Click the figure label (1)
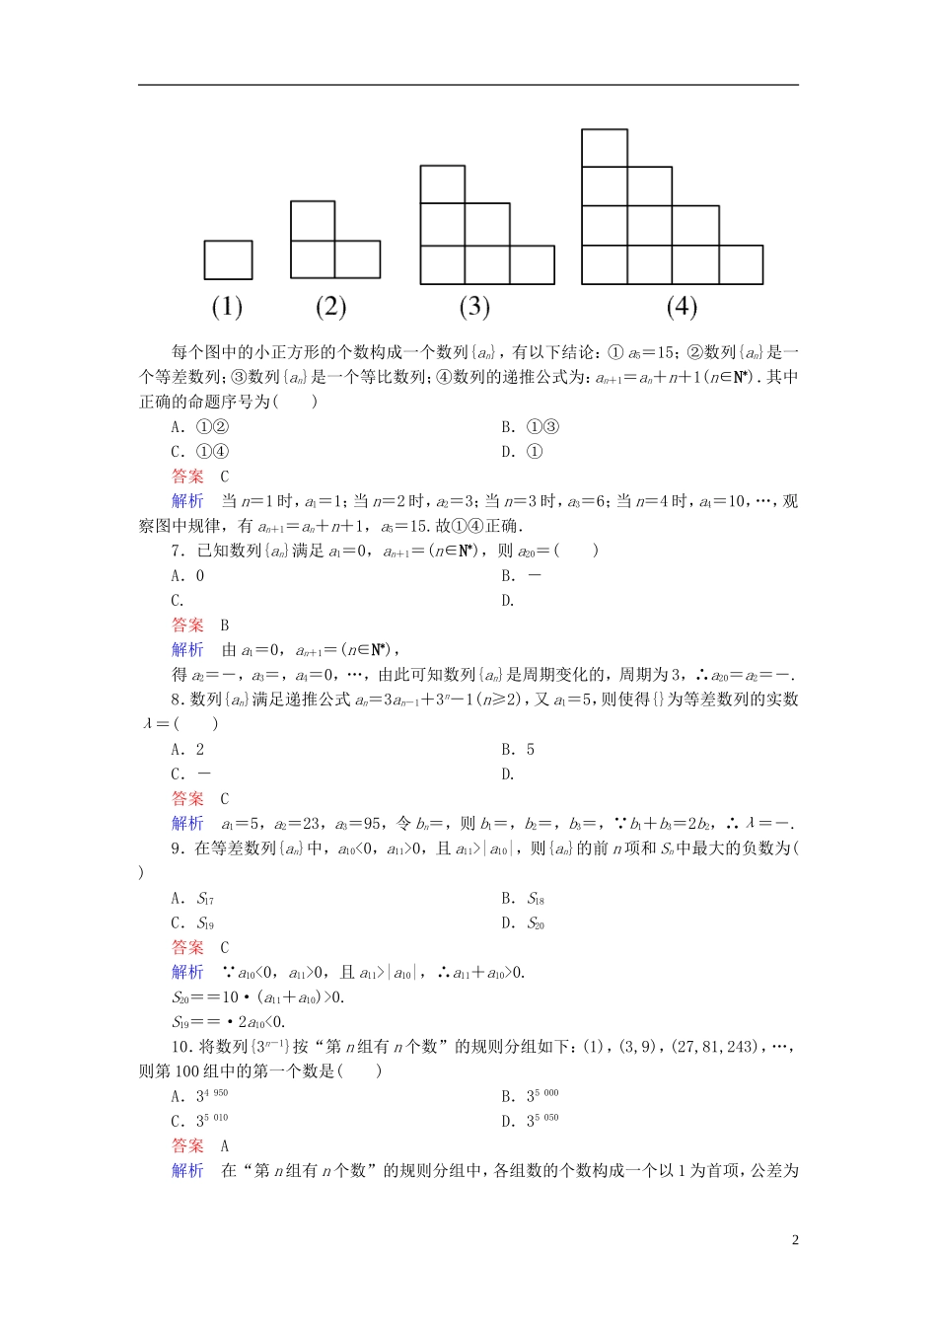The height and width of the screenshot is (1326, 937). pyautogui.click(x=227, y=307)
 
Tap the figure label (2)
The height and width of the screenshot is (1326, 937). pyautogui.click(x=330, y=307)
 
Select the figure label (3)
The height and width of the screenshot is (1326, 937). pyautogui.click(x=474, y=307)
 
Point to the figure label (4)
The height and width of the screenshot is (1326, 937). pyautogui.click(x=682, y=307)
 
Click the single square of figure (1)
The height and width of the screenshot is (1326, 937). pyautogui.click(x=228, y=260)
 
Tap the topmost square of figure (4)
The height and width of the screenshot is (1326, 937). pyautogui.click(x=605, y=148)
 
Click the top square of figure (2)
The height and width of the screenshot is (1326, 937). pyautogui.click(x=313, y=221)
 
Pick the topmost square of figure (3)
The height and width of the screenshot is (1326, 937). pyautogui.click(x=443, y=184)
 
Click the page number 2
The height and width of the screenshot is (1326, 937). pyautogui.click(x=795, y=1240)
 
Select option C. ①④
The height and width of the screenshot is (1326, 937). pyautogui.click(x=200, y=452)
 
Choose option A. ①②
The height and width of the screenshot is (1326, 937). pyautogui.click(x=200, y=427)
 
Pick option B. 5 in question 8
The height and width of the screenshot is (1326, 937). pyautogui.click(x=518, y=750)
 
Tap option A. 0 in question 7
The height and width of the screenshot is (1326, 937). pyautogui.click(x=188, y=576)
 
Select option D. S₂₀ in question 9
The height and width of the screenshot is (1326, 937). pyautogui.click(x=523, y=923)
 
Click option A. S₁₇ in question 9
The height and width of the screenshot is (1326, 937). pyautogui.click(x=192, y=899)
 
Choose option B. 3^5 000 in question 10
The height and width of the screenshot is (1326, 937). pyautogui.click(x=530, y=1096)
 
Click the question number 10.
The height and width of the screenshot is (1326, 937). pyautogui.click(x=179, y=1047)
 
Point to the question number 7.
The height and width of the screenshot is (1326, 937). pyautogui.click(x=178, y=552)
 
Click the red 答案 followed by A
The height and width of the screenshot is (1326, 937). pyautogui.click(x=187, y=1145)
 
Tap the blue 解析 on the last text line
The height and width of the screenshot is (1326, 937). pyautogui.click(x=187, y=1170)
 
